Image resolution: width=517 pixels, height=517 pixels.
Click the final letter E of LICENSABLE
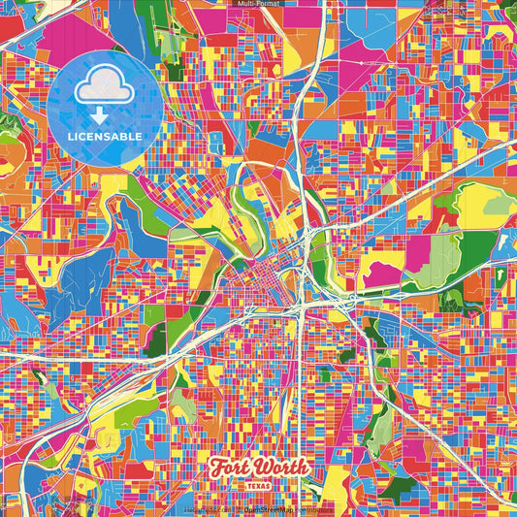tap(141, 137)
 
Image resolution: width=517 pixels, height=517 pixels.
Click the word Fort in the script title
tap(231, 467)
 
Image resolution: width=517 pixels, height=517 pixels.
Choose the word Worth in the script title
tap(282, 467)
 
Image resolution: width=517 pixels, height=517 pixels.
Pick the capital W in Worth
tap(263, 467)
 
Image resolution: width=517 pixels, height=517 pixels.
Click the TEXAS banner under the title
tap(259, 482)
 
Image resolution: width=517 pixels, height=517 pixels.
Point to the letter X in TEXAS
tap(259, 482)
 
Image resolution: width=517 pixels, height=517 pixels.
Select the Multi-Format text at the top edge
tap(258, 4)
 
